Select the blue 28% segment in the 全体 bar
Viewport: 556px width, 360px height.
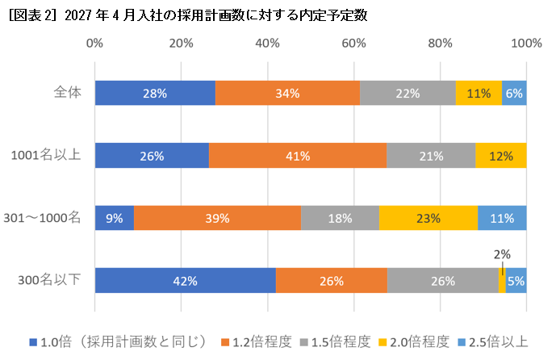(155, 93)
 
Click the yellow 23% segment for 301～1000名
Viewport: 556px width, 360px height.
(428, 217)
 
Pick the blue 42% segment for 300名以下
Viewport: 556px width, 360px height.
(185, 280)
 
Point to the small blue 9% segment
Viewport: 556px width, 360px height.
(114, 217)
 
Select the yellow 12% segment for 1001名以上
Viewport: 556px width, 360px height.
(500, 155)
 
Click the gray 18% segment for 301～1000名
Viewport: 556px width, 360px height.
(340, 217)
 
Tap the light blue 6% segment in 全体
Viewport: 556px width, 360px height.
(514, 93)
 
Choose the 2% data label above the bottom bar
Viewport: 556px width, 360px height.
(501, 254)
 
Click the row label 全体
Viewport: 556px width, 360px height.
(67, 93)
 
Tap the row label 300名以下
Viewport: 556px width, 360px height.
(50, 280)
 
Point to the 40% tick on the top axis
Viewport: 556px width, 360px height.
(267, 43)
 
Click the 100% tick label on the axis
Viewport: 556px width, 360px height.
(526, 43)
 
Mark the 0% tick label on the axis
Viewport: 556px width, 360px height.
(94, 43)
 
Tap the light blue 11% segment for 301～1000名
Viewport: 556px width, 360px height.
(502, 217)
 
